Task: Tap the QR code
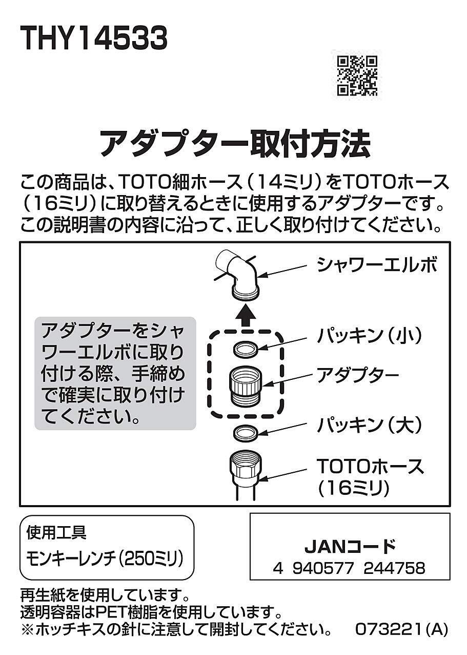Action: click(358, 76)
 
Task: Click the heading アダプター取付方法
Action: click(234, 143)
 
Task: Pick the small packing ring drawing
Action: click(245, 350)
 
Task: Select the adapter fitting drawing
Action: click(245, 386)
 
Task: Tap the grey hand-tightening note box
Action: click(115, 373)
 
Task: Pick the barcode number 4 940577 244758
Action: click(349, 568)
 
